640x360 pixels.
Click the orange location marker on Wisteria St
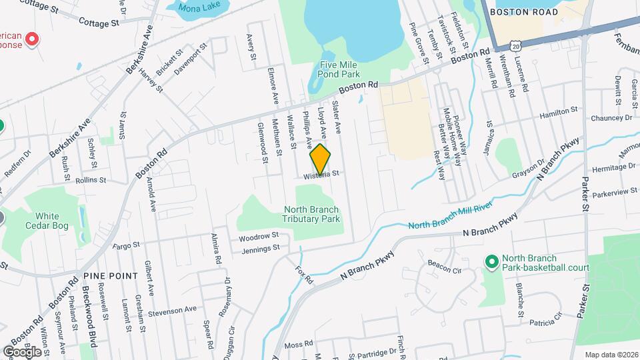pyautogui.click(x=321, y=159)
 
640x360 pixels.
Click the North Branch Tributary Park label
pyautogui.click(x=311, y=213)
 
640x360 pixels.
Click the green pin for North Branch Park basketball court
pyautogui.click(x=492, y=262)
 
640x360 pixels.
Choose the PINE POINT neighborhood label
pyautogui.click(x=110, y=275)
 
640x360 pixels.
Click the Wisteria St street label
pyautogui.click(x=322, y=175)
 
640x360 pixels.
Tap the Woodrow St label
pyautogui.click(x=258, y=237)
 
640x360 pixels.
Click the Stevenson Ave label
pyautogui.click(x=173, y=310)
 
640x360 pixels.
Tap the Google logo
pyautogui.click(x=22, y=351)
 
